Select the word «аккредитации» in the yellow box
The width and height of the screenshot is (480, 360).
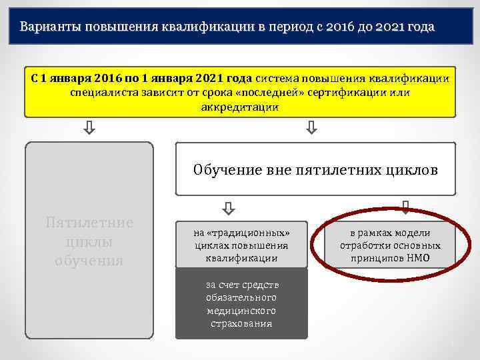point(239,107)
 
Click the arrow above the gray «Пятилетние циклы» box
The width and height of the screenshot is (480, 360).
point(89,127)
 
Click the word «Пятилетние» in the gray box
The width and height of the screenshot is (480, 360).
point(89,223)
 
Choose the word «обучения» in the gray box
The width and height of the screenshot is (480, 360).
point(89,260)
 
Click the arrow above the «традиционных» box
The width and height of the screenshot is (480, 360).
point(228,209)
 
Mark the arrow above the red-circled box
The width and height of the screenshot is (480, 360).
point(405,207)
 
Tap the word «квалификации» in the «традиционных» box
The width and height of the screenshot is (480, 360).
point(241,257)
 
